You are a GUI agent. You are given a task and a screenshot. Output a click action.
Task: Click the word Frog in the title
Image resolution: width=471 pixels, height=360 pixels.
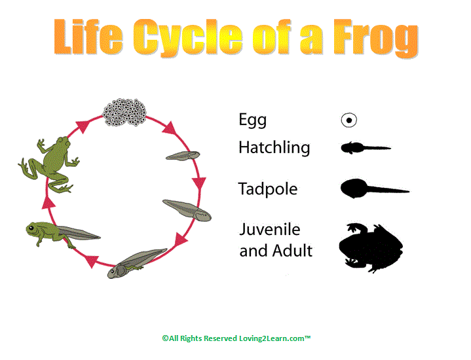[x=376, y=39]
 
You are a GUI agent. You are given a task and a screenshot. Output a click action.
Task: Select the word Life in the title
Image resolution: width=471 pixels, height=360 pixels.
[x=88, y=37]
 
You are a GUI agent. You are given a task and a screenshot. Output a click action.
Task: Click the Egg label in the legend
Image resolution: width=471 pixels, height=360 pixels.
[x=253, y=120]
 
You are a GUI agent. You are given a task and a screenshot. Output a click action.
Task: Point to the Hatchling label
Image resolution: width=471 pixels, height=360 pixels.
[x=274, y=148]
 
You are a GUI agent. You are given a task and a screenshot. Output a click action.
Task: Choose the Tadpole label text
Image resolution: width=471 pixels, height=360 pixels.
[x=268, y=189]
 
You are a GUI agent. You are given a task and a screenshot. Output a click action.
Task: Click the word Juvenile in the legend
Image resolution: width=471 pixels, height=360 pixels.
[x=270, y=229]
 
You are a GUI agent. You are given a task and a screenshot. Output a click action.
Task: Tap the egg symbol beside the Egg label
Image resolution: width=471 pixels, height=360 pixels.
[x=349, y=120]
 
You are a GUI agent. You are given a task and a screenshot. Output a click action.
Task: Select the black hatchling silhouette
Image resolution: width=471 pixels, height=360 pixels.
[x=366, y=147]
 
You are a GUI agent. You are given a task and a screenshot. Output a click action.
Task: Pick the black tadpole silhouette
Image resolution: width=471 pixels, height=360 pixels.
[x=374, y=189]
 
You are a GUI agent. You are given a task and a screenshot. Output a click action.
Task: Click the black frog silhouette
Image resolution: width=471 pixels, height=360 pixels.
[x=371, y=248]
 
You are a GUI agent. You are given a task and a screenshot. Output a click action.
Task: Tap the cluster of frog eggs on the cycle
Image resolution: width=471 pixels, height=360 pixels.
[x=124, y=112]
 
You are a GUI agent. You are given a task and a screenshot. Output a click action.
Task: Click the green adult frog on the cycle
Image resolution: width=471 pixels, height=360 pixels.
[x=50, y=164]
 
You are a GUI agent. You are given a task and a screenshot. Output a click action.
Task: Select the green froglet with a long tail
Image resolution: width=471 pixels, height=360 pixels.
[x=62, y=234]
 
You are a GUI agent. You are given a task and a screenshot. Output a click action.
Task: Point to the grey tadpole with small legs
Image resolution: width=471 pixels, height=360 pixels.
[x=137, y=263]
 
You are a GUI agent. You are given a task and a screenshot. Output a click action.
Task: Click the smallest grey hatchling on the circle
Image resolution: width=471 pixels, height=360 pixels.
[x=183, y=156]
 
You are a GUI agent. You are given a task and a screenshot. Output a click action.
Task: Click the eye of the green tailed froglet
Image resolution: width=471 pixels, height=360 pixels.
[x=31, y=228]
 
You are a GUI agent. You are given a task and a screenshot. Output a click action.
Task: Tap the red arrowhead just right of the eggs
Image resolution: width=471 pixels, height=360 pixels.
[x=169, y=128]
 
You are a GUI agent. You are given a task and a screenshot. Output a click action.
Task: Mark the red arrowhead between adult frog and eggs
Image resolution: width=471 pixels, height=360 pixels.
[x=83, y=126]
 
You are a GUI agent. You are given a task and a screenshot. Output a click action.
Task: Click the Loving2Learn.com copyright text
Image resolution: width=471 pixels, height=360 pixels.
[x=236, y=338]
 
